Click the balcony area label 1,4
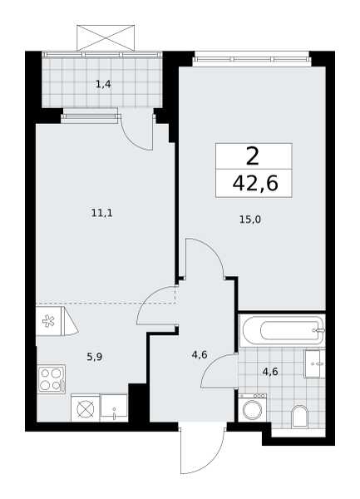coord(103,85)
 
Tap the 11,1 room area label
coord(102,213)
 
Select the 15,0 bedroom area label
coord(250,220)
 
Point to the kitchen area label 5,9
coord(95,357)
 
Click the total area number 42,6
coord(255,183)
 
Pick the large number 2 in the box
coord(253,157)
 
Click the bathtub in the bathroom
coord(283,330)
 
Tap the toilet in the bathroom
coord(300,417)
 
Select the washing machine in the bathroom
coord(253,408)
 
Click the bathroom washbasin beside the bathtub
coord(314,363)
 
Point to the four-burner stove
coord(52,379)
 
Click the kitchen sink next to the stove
coord(114,408)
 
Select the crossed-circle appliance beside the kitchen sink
coord(86,408)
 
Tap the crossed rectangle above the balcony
coord(106,38)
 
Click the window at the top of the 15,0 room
coord(251,59)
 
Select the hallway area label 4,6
coord(200,354)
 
